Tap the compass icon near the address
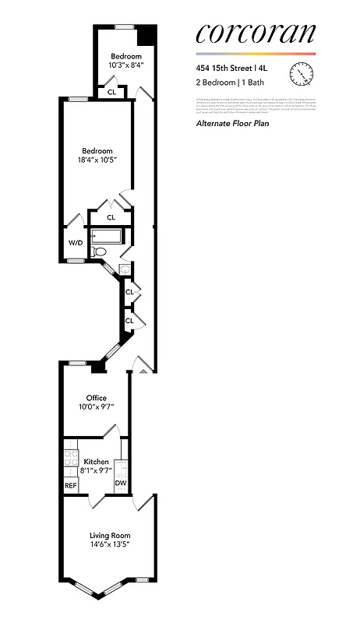coord(299,73)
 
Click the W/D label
coord(76,243)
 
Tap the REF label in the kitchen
coord(71,485)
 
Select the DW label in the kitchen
coord(121,483)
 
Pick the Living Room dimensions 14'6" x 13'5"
coord(109,545)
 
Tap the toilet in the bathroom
coord(99,252)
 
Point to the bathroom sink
coord(125,269)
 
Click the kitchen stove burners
coord(69,459)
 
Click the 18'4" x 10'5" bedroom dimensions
coord(97,161)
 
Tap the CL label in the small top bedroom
coord(111,92)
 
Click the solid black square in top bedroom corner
coord(145,37)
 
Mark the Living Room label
coord(109,535)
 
